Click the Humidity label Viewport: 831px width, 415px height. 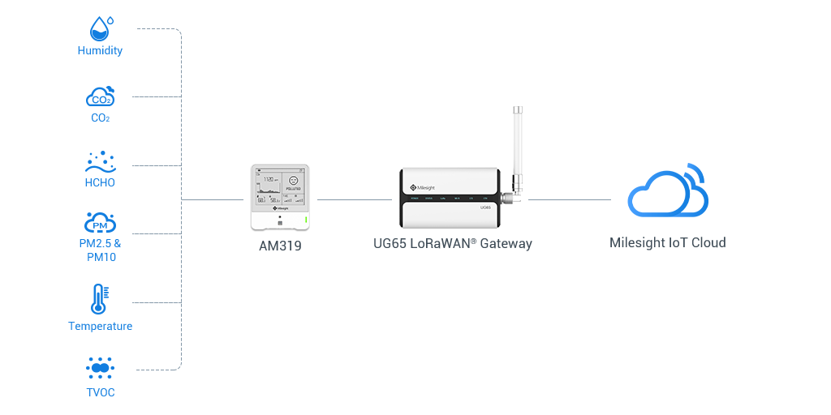pyautogui.click(x=100, y=50)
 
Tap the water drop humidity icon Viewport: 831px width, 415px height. pyautogui.click(x=100, y=28)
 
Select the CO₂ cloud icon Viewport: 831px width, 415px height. pyautogui.click(x=100, y=97)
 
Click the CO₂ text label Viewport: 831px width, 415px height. pyautogui.click(x=101, y=118)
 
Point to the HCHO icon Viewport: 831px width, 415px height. pyautogui.click(x=100, y=161)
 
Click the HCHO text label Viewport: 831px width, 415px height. pyautogui.click(x=100, y=182)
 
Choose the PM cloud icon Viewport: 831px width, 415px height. pyautogui.click(x=101, y=223)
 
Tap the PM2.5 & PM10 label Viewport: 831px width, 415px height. pyautogui.click(x=101, y=250)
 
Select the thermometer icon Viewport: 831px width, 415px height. pyautogui.click(x=100, y=299)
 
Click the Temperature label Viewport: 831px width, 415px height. pyautogui.click(x=101, y=326)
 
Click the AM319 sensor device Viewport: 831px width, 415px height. pyautogui.click(x=279, y=197)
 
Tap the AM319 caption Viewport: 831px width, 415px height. pyautogui.click(x=279, y=245)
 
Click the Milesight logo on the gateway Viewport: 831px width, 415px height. pyautogui.click(x=421, y=175)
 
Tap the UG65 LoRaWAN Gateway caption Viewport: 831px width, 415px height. pyautogui.click(x=453, y=243)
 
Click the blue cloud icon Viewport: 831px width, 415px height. pyautogui.click(x=667, y=190)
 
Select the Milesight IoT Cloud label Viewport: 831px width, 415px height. pyautogui.click(x=667, y=242)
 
